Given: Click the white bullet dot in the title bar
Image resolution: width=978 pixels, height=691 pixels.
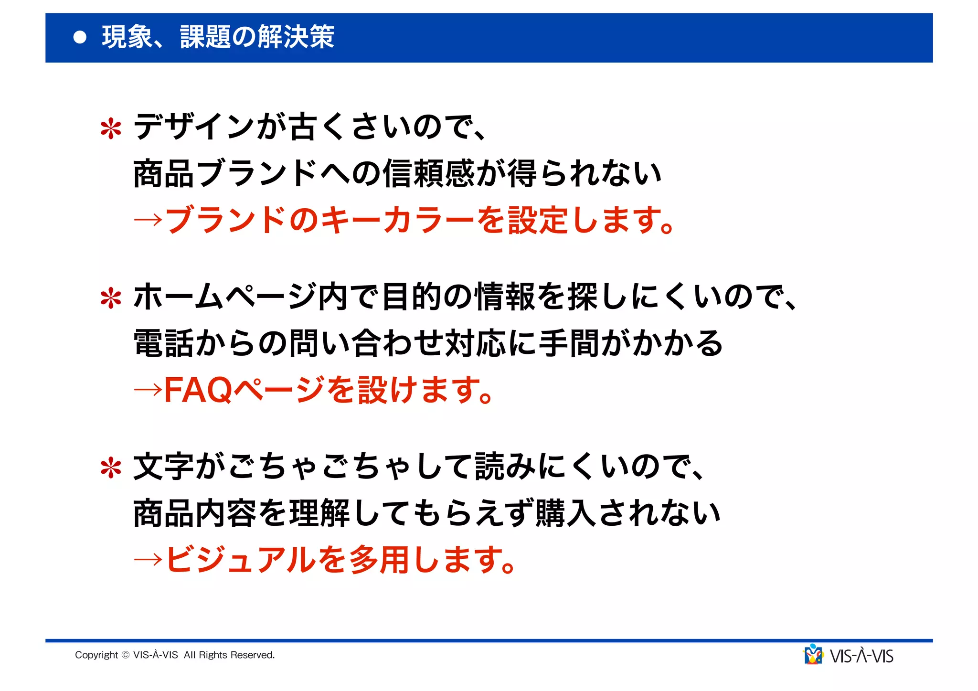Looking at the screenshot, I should pos(80,37).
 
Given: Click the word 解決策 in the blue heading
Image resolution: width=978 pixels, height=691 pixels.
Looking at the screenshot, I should pos(296,37).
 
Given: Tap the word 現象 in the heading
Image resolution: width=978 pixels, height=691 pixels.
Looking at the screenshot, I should pos(127,37).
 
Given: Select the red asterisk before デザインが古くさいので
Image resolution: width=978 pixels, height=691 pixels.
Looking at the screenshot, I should pos(111,128).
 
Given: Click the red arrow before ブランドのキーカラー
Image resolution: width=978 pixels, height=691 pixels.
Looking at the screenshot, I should pos(148,221).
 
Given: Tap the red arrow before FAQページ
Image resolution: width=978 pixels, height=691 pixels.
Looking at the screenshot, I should pos(148,390).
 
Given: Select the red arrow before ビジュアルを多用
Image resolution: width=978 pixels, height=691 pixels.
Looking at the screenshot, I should pos(148,560).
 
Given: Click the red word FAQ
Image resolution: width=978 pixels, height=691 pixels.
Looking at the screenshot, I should pos(198,390).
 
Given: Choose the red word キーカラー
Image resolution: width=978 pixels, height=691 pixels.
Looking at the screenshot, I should pos(397,221).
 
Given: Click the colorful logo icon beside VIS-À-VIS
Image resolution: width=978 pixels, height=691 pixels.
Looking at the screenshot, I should pos(813,655).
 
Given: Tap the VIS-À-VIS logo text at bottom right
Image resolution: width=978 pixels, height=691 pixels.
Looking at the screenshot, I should pos(861,656).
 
